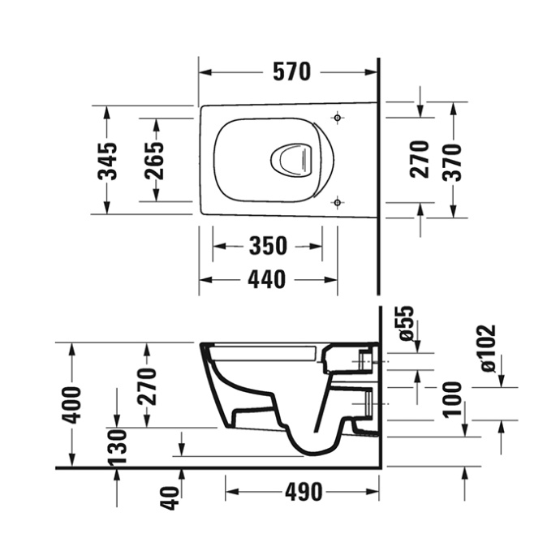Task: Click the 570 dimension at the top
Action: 291,72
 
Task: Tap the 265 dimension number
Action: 154,161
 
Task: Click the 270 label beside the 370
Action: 419,161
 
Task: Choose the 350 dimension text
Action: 267,245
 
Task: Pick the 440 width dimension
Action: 267,279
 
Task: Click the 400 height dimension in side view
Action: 72,404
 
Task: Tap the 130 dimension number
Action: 118,446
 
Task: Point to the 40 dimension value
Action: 169,496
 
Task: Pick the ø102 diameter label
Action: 488,348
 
